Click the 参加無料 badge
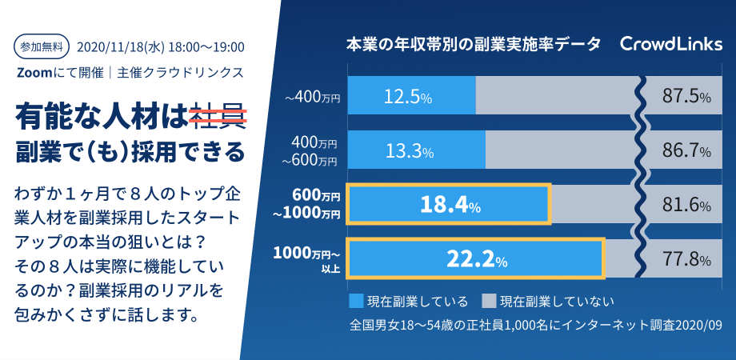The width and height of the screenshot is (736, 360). click(x=42, y=46)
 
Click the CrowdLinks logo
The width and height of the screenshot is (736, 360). click(x=670, y=44)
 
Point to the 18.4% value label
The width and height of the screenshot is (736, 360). click(x=450, y=205)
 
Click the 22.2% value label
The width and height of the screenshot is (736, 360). click(x=477, y=259)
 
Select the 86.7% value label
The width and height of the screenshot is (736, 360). click(x=686, y=151)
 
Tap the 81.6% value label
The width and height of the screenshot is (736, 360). click(x=686, y=205)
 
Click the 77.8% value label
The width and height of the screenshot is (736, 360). click(x=686, y=259)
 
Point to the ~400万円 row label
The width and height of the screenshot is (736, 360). click(x=312, y=98)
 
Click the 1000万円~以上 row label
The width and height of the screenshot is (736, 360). click(x=306, y=259)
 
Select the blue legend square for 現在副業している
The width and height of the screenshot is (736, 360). click(x=356, y=301)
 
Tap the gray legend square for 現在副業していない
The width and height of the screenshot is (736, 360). click(x=489, y=301)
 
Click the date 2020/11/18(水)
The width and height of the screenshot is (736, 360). click(x=120, y=47)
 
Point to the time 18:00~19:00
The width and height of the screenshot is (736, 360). click(x=206, y=47)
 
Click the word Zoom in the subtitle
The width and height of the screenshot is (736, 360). click(x=32, y=74)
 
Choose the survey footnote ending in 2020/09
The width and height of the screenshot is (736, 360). click(x=535, y=326)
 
